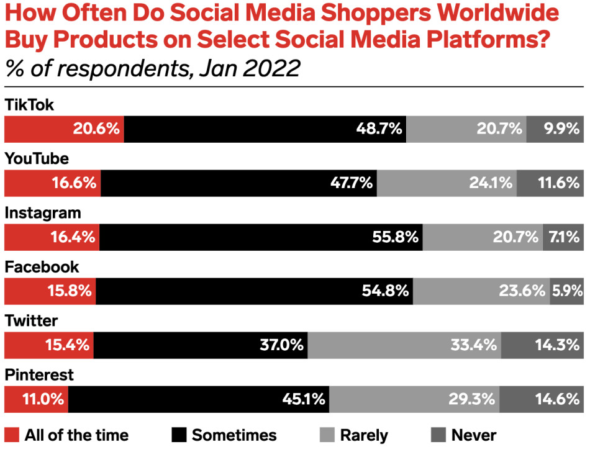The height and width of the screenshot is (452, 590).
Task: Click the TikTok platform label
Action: (x=29, y=105)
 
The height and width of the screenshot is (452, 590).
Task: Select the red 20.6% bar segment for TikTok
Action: (x=65, y=129)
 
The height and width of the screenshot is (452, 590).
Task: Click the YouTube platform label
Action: (x=37, y=159)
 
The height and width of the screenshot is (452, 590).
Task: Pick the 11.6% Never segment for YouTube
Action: (x=550, y=183)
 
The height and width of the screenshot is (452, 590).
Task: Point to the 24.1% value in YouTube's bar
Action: (x=490, y=183)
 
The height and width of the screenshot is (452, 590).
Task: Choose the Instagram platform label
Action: (x=43, y=213)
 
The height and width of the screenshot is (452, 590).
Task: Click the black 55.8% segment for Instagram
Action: (x=261, y=237)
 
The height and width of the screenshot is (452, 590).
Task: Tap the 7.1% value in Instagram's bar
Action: (x=564, y=237)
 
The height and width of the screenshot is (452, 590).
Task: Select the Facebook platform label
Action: (x=42, y=267)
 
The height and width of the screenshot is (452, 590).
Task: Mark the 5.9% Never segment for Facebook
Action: (x=566, y=291)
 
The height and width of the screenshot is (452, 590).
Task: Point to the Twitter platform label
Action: (x=31, y=321)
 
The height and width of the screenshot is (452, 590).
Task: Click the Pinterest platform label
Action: (x=39, y=376)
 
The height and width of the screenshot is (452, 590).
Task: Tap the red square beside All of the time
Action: (x=12, y=435)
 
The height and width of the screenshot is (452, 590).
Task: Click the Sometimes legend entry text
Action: (x=234, y=435)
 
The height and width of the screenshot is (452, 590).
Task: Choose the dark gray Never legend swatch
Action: (x=437, y=435)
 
